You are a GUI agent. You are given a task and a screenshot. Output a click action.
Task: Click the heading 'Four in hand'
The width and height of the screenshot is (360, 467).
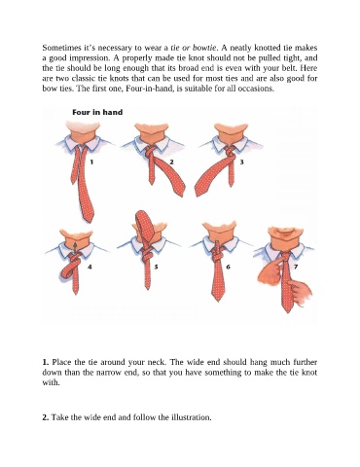[97, 113]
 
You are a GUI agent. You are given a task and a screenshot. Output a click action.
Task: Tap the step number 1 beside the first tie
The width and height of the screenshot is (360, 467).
[91, 162]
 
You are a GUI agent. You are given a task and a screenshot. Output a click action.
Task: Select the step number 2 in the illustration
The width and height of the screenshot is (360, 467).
[172, 162]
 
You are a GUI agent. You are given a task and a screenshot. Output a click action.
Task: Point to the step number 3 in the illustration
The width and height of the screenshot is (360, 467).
[241, 162]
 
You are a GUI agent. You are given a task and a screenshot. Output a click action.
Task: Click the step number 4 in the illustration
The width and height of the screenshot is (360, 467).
[90, 267]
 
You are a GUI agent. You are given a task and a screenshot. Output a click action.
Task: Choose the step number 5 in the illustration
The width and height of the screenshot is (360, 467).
[156, 267]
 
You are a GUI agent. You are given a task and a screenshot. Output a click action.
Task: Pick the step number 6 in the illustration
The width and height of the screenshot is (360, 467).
[228, 267]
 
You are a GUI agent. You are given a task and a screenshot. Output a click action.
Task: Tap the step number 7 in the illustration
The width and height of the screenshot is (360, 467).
[296, 267]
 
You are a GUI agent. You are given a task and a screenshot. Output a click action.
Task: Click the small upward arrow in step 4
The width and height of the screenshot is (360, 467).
[75, 247]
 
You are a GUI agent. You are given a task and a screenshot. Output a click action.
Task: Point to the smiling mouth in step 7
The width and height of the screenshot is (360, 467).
[286, 233]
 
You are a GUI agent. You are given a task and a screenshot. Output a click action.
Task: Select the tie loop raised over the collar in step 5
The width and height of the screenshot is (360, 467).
[144, 227]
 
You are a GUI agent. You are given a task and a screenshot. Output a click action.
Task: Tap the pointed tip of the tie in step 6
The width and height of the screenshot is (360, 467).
[217, 301]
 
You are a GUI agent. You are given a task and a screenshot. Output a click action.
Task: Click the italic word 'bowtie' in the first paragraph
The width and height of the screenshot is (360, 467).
[204, 48]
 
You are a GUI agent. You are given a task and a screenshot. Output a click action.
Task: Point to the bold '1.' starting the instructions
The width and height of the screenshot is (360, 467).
[46, 362]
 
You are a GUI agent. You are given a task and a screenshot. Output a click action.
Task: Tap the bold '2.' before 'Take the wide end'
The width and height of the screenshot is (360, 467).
[46, 417]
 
